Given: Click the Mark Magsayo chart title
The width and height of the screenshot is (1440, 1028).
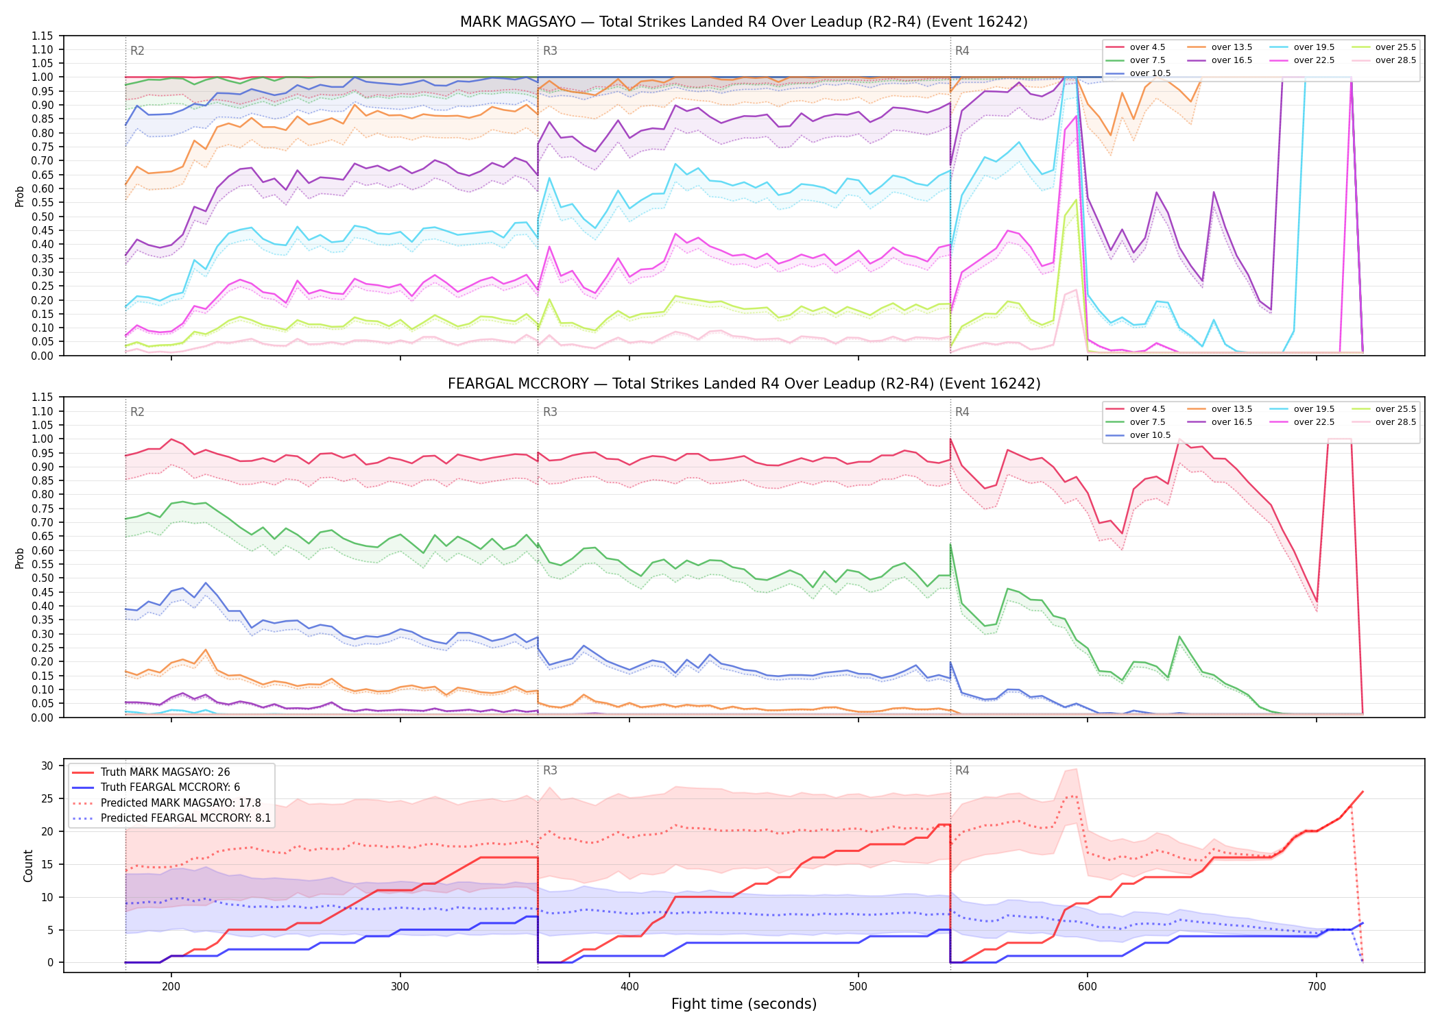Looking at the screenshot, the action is click(x=744, y=22).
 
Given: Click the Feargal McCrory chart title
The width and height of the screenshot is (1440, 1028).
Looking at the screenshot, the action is click(x=744, y=384).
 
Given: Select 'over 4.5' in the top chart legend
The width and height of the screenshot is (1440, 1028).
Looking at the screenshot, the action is click(x=1147, y=47).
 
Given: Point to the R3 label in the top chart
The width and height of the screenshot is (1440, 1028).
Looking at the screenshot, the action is click(x=550, y=51).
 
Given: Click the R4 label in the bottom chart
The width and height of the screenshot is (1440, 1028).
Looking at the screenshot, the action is click(x=962, y=770).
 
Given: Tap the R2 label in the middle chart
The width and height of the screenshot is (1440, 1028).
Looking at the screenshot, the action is click(x=137, y=412).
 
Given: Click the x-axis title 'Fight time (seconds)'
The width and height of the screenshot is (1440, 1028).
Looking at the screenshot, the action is click(x=744, y=1004).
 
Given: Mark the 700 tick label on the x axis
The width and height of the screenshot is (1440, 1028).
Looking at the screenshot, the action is click(x=1317, y=986).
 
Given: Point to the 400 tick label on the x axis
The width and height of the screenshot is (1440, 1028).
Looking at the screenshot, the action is click(x=629, y=986).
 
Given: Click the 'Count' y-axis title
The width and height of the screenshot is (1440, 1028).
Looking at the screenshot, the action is click(x=28, y=866).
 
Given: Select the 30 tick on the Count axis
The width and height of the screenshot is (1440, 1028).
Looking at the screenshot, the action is click(x=47, y=766).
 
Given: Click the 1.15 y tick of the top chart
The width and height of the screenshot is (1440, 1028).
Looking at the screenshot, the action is click(x=42, y=36).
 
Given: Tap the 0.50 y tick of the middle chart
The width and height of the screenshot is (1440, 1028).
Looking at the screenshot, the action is click(x=42, y=578).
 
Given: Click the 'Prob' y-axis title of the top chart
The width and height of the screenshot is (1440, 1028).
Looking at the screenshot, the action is click(x=20, y=196).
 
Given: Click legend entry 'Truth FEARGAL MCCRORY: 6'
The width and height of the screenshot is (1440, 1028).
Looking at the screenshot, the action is click(x=170, y=787).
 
